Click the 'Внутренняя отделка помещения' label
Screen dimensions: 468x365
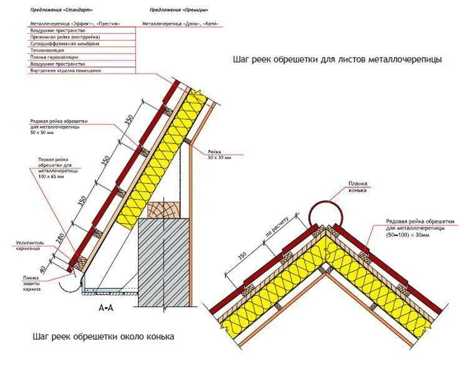[65, 71]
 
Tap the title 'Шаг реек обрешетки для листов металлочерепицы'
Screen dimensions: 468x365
[337, 60]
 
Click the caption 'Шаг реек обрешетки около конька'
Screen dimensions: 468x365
[104, 336]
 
